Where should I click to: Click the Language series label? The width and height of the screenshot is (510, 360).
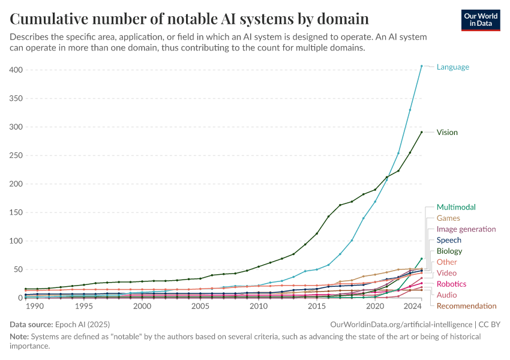click(x=452, y=67)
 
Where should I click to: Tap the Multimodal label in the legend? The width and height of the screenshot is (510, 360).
click(x=456, y=207)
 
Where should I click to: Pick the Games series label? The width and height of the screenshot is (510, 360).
click(x=448, y=218)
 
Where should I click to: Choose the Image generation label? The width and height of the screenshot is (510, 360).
click(x=466, y=229)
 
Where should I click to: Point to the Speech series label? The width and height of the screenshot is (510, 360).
click(x=449, y=240)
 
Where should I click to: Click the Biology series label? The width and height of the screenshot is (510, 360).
click(x=449, y=251)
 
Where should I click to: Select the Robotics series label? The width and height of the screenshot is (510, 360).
click(x=451, y=284)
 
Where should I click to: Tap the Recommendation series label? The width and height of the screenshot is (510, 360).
click(x=466, y=306)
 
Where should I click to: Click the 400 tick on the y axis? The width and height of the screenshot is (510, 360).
click(x=16, y=70)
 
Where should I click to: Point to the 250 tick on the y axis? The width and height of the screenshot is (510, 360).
click(x=16, y=155)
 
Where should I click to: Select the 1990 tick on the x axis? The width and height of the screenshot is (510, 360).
click(x=35, y=306)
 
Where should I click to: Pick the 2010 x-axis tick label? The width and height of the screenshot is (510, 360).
click(x=259, y=306)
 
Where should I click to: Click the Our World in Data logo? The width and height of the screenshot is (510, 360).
click(x=480, y=19)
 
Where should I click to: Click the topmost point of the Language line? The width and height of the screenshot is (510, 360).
click(x=422, y=66)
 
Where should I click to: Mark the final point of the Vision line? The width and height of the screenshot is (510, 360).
click(x=422, y=132)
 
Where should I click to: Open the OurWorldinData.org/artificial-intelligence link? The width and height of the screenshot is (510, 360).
click(x=401, y=324)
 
